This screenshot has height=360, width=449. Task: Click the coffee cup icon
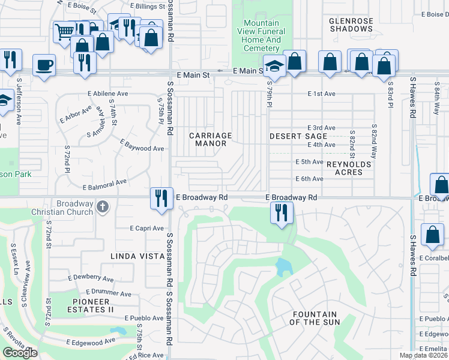click(44, 65)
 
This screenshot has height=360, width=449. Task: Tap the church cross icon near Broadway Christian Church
click(103, 207)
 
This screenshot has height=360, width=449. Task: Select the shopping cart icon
click(63, 31)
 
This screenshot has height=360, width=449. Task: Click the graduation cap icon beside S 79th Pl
click(274, 65)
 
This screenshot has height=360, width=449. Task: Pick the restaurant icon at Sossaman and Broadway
click(161, 197)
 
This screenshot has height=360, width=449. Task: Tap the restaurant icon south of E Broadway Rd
click(281, 212)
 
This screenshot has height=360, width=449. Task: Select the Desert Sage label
click(298, 136)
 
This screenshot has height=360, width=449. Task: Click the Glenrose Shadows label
click(351, 25)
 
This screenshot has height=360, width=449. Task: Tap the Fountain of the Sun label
click(314, 318)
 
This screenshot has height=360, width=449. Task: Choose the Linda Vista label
click(137, 256)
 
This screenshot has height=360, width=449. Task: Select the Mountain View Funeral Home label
click(262, 35)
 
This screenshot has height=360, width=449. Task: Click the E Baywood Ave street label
click(142, 146)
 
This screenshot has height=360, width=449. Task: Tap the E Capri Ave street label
click(146, 228)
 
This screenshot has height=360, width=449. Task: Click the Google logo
click(20, 353)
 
